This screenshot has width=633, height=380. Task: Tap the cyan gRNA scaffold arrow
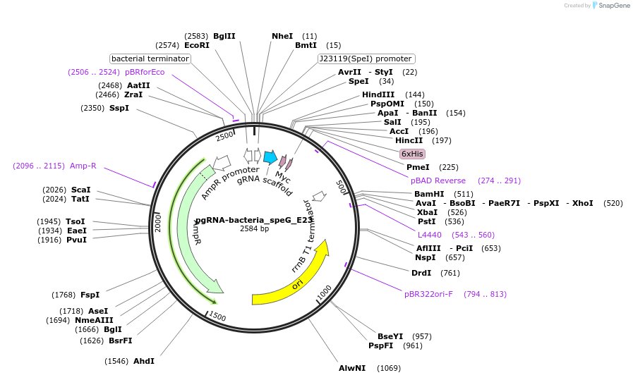(270, 157)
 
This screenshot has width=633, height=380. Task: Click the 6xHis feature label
(411, 154)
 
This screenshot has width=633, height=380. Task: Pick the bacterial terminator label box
(150, 59)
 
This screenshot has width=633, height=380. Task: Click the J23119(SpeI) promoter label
(366, 59)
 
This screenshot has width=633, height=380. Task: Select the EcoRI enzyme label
(197, 45)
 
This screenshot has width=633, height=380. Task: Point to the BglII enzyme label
(224, 36)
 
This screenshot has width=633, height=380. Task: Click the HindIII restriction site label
(378, 94)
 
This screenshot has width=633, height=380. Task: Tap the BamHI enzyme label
(429, 194)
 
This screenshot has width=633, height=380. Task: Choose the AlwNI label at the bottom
(352, 368)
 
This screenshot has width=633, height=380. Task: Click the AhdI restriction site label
(143, 361)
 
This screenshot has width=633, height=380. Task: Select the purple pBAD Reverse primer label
(438, 180)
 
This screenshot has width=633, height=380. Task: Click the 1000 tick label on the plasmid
(324, 292)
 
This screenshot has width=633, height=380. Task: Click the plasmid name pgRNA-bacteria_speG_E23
(254, 220)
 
